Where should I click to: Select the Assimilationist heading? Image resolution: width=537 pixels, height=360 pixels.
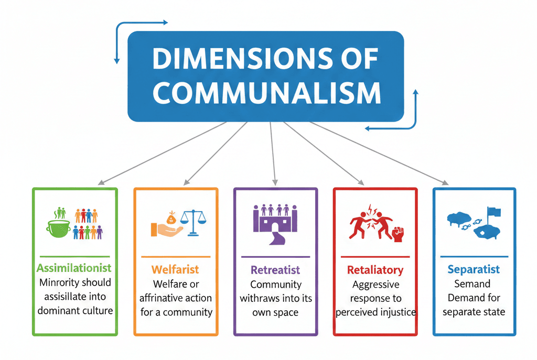(x=74, y=268)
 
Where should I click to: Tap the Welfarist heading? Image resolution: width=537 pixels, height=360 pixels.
(x=175, y=270)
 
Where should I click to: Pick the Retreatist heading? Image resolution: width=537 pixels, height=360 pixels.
(x=275, y=270)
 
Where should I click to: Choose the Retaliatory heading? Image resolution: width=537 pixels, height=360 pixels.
(x=375, y=270)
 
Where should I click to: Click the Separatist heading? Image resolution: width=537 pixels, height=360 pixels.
(x=474, y=270)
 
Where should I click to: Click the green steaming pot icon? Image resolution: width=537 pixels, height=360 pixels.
(x=59, y=229)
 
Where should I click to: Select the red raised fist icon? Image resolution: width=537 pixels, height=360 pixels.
(x=398, y=234)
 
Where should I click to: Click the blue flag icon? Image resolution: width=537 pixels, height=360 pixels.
(x=493, y=212)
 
